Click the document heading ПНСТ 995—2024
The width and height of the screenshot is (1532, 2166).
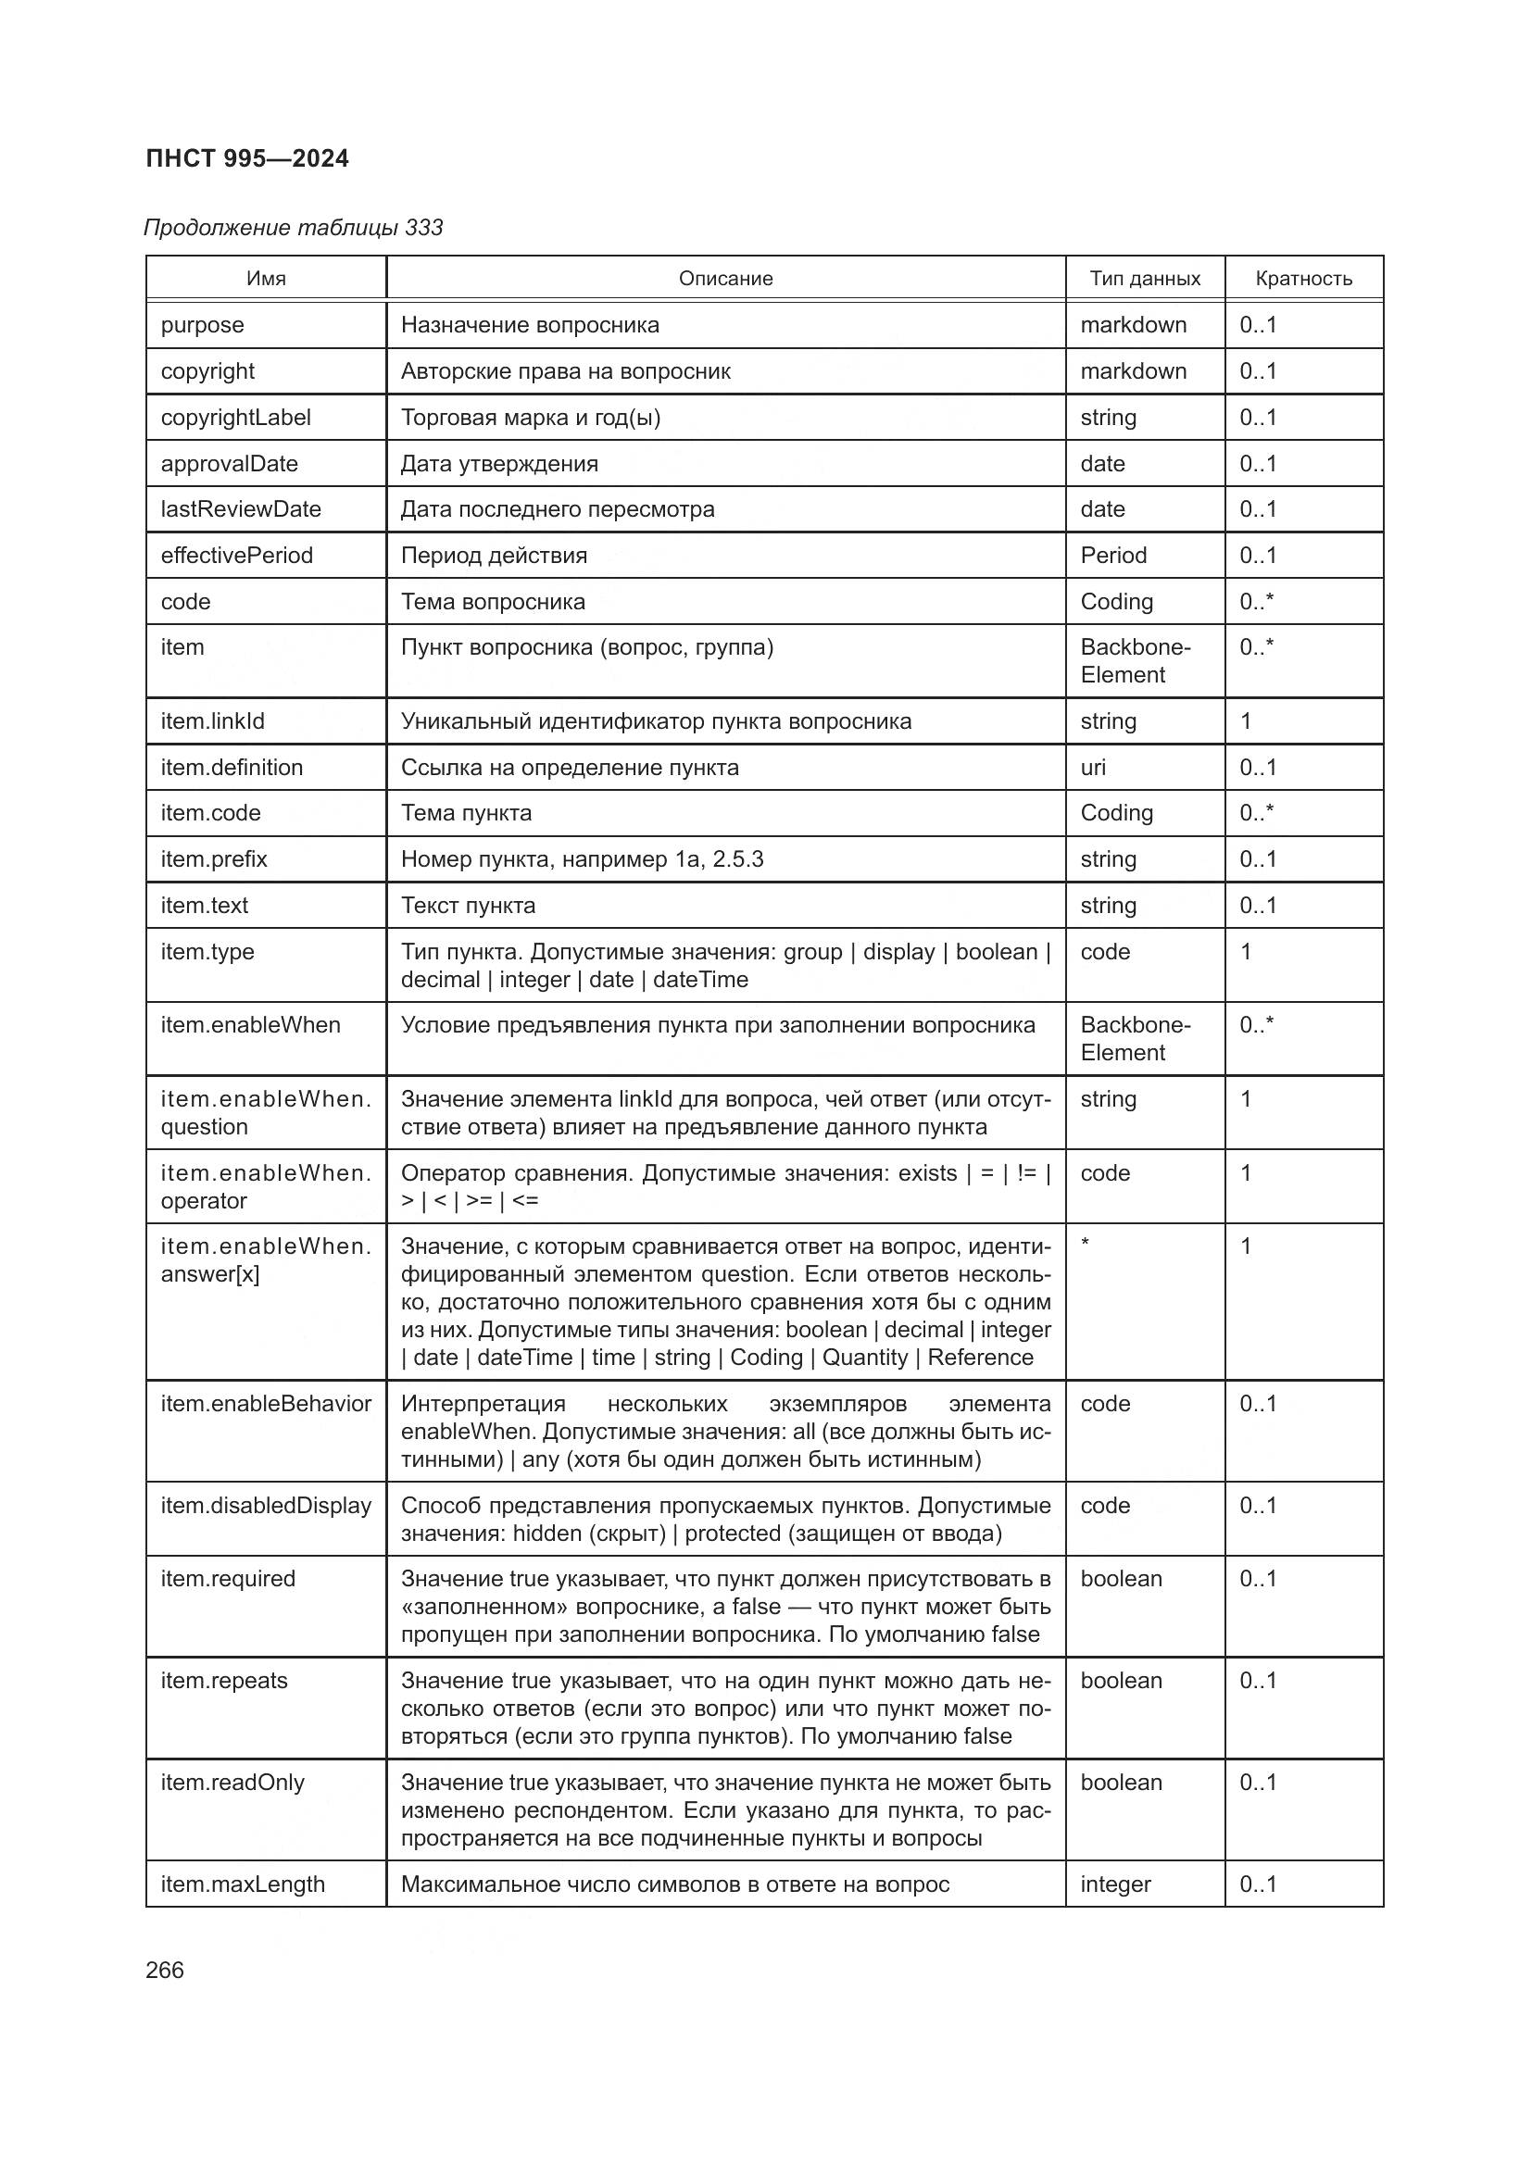click(247, 158)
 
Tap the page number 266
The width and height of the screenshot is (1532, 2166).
click(165, 1970)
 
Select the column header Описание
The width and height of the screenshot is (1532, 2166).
click(725, 279)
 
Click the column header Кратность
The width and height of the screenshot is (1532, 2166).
click(1304, 279)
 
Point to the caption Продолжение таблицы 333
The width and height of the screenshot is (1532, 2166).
click(294, 228)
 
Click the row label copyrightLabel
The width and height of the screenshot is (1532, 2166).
click(236, 417)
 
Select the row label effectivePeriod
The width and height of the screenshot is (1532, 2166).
click(237, 555)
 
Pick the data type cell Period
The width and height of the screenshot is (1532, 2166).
click(1113, 555)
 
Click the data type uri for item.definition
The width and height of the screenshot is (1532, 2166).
click(1093, 767)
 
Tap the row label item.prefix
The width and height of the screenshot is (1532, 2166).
click(214, 858)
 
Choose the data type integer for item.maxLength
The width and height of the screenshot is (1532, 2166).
click(1115, 1884)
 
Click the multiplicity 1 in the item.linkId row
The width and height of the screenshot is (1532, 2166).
click(1246, 720)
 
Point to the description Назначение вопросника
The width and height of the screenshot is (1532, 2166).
click(530, 324)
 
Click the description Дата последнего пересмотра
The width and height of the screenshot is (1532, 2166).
click(558, 508)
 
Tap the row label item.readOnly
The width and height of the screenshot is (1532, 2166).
click(233, 1782)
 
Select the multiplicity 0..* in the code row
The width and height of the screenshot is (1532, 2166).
click(1257, 601)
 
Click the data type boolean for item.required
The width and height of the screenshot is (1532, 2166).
click(1121, 1578)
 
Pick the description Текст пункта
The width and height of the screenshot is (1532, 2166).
click(468, 905)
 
